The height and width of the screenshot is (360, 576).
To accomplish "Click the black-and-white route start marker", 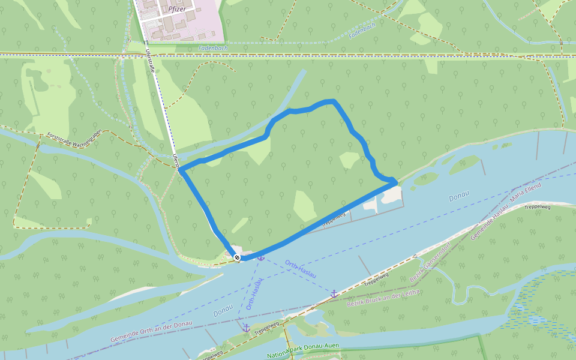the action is pyautogui.click(x=237, y=257).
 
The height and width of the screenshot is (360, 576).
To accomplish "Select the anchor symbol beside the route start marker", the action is pyautogui.click(x=261, y=257).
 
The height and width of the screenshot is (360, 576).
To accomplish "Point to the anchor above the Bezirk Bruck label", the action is pyautogui.click(x=334, y=293).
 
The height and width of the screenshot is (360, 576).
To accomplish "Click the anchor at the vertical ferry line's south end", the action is pyautogui.click(x=246, y=328).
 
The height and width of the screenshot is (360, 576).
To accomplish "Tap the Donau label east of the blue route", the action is pyautogui.click(x=459, y=197).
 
